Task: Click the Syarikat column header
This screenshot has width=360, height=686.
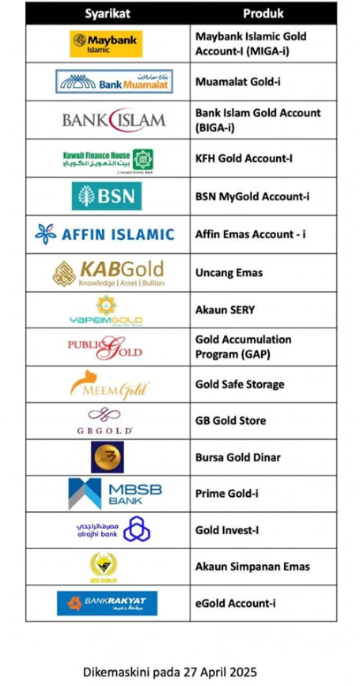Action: point(107,13)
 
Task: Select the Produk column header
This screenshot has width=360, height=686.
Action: point(263,13)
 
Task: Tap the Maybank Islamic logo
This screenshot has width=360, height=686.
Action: point(107,44)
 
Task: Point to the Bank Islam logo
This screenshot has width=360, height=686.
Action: point(114,119)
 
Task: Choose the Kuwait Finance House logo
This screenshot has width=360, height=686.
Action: point(108,157)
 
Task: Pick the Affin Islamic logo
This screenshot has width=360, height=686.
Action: point(104,233)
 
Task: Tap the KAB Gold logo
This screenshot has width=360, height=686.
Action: point(108,273)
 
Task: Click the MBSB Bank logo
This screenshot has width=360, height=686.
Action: point(114,493)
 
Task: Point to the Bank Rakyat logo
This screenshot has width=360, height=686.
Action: point(107,603)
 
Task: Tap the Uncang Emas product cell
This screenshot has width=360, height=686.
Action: point(229,273)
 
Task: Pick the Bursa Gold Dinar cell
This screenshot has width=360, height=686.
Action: point(237,457)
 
